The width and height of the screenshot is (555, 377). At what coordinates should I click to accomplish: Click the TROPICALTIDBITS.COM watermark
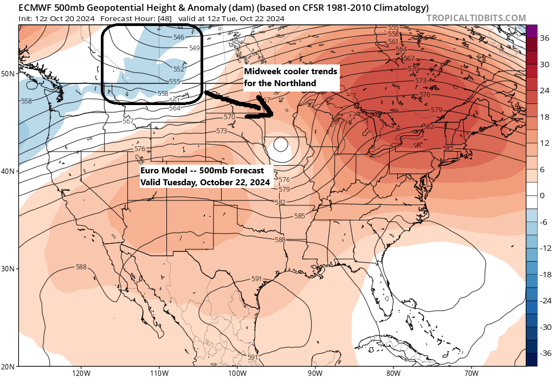click(476, 18)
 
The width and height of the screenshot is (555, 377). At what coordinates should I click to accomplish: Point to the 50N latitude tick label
click(9, 74)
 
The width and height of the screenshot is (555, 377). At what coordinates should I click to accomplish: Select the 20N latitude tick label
click(9, 366)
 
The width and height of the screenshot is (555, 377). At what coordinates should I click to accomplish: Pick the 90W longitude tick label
click(315, 373)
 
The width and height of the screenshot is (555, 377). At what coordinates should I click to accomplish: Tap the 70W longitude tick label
click(471, 373)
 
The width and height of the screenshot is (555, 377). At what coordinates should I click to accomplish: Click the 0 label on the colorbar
click(543, 196)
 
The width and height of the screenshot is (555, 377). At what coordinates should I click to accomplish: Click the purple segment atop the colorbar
click(532, 31)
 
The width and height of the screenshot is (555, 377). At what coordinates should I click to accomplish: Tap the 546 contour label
click(179, 37)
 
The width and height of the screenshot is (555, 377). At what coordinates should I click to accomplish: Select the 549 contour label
click(195, 48)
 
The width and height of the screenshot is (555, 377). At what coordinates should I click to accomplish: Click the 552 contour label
click(179, 69)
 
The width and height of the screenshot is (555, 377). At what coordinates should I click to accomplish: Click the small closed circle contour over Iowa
click(280, 145)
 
